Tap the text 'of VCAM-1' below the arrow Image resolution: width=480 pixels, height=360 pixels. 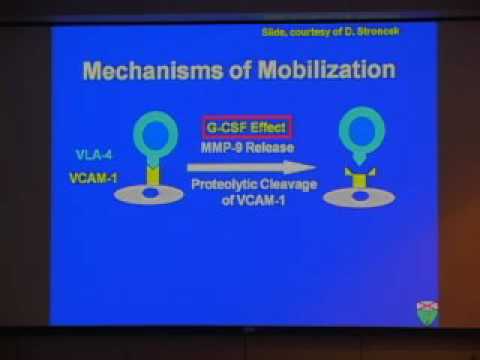click(244, 203)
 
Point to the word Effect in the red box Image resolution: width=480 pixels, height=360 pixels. click(265, 128)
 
